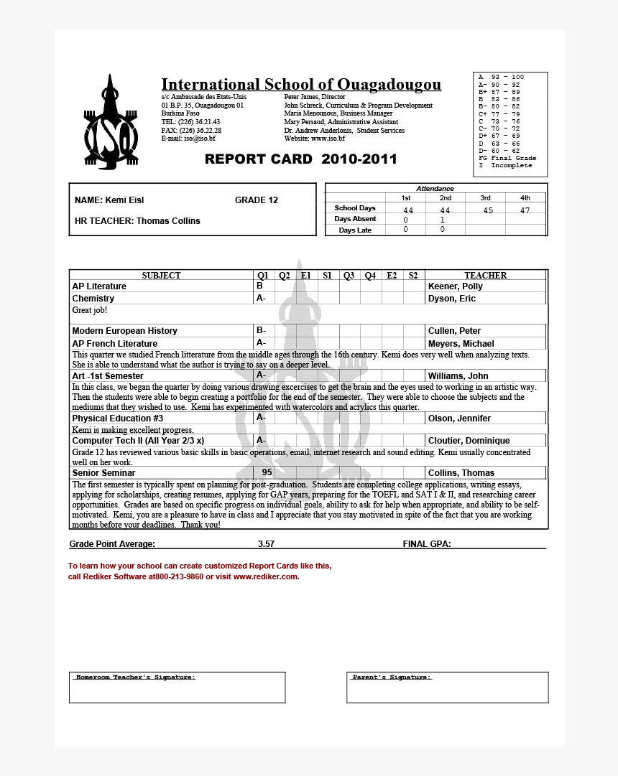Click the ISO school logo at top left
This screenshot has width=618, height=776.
pyautogui.click(x=111, y=123)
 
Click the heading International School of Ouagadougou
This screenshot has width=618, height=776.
pyautogui.click(x=300, y=85)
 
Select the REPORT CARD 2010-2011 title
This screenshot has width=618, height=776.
pyautogui.click(x=300, y=159)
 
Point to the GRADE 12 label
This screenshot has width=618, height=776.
pyautogui.click(x=256, y=200)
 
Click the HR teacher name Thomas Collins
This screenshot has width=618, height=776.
pyautogui.click(x=168, y=221)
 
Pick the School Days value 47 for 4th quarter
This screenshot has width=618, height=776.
pyautogui.click(x=525, y=210)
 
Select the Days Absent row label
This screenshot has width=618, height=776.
pyautogui.click(x=355, y=219)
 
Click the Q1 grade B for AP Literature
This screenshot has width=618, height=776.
pyautogui.click(x=259, y=286)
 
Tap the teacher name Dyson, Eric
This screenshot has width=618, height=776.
pyautogui.click(x=451, y=299)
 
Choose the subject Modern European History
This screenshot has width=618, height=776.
pyautogui.click(x=124, y=331)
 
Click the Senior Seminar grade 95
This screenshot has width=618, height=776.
pyautogui.click(x=267, y=472)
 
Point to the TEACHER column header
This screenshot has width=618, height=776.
pyautogui.click(x=485, y=276)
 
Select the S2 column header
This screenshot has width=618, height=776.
pyautogui.click(x=413, y=276)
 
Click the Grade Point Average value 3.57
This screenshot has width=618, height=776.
pyautogui.click(x=266, y=544)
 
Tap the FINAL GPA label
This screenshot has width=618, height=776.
pyautogui.click(x=427, y=544)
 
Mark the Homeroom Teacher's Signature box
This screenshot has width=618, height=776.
pyautogui.click(x=177, y=687)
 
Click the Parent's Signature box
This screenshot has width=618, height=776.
pyautogui.click(x=447, y=687)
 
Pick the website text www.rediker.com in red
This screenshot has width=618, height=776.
pyautogui.click(x=265, y=576)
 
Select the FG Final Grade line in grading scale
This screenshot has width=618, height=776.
pyautogui.click(x=507, y=158)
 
